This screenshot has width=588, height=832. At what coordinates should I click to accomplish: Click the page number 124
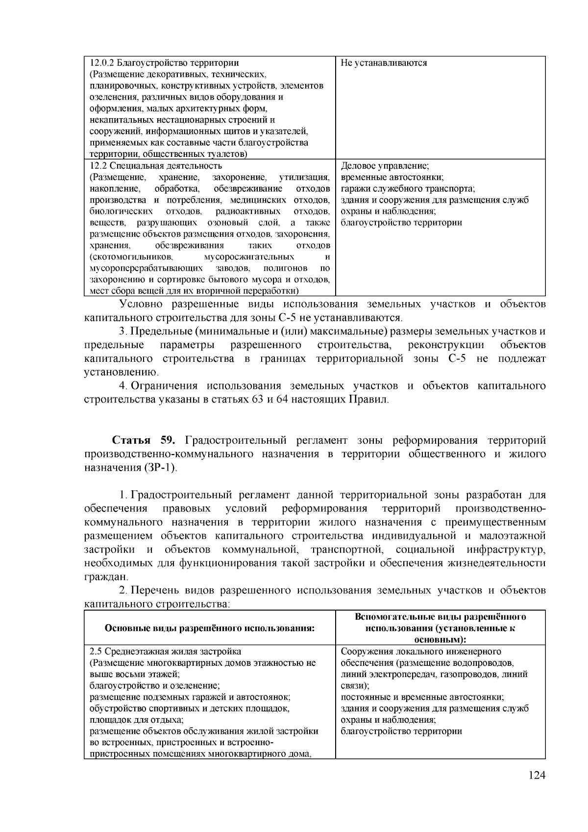click(537, 789)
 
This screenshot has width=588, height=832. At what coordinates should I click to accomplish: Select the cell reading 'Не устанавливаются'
click(384, 63)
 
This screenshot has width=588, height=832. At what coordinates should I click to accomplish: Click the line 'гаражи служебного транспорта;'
click(408, 189)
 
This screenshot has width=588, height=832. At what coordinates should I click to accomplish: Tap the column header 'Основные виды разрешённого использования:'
click(209, 628)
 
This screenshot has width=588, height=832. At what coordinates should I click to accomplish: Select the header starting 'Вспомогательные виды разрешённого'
click(440, 617)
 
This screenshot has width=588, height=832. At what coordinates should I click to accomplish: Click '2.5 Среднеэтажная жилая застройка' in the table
click(165, 652)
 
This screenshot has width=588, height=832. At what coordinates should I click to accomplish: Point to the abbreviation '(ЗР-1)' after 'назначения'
click(162, 467)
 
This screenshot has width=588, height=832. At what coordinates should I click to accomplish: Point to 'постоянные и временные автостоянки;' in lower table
click(422, 697)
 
